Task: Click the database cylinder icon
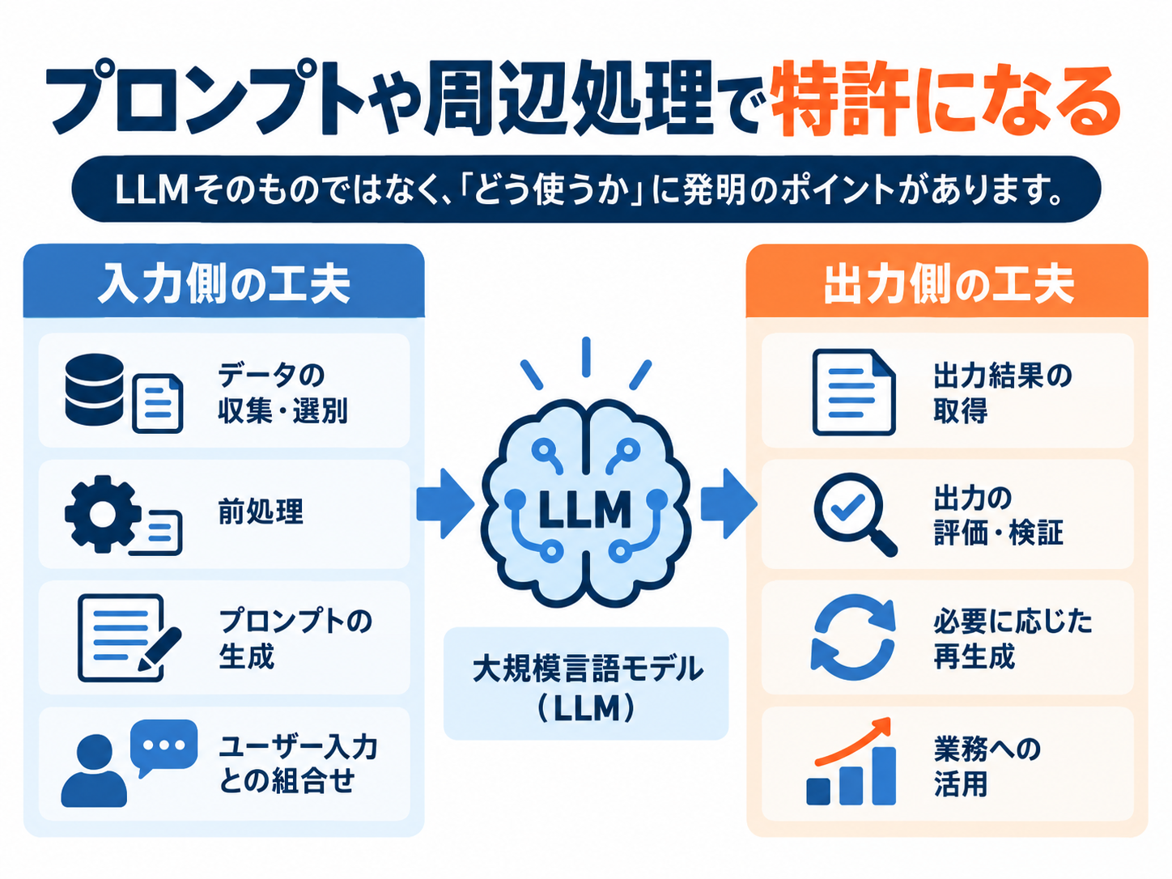tap(94, 389)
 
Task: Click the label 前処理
tap(261, 512)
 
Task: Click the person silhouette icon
tap(94, 771)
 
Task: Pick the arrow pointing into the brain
tap(445, 503)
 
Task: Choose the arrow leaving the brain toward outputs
tap(728, 503)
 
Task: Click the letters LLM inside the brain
tap(585, 509)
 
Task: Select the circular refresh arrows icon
tap(853, 637)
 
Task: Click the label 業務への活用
tap(987, 766)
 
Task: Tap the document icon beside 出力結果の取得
tap(854, 392)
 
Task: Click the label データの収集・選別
tap(282, 393)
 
